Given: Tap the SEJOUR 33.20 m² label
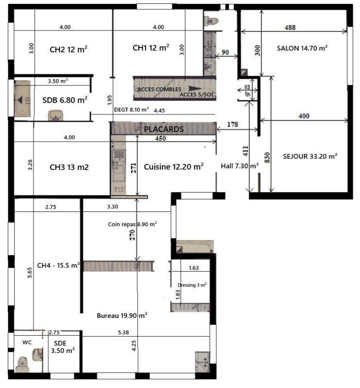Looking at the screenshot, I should [310, 156].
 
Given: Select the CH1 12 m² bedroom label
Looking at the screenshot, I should [151, 48].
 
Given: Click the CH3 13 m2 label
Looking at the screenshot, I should [69, 167].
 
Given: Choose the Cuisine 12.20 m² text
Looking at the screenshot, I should [173, 167].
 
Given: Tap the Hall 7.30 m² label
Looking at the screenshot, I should [240, 166].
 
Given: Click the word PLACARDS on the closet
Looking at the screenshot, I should [164, 129].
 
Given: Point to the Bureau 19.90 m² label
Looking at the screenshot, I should [122, 315].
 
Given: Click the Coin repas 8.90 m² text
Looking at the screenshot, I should [132, 225].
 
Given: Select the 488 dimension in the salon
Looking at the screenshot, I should [290, 28].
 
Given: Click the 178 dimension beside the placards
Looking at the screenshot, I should [232, 125].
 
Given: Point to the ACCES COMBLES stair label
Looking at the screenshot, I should [160, 89].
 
